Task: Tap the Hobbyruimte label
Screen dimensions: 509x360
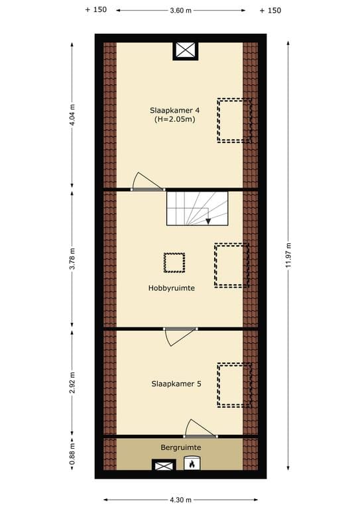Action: click(x=171, y=288)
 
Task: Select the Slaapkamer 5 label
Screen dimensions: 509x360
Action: click(x=176, y=384)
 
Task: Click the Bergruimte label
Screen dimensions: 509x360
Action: click(x=180, y=447)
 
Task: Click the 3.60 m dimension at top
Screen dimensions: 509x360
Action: click(x=181, y=10)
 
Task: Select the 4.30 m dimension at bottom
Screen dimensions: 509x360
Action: click(x=180, y=500)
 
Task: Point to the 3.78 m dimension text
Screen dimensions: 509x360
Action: click(x=73, y=258)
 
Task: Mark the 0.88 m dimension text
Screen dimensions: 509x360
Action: click(x=73, y=457)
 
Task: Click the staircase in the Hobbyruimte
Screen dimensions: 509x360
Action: click(x=196, y=208)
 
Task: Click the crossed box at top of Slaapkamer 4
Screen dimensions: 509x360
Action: click(x=186, y=50)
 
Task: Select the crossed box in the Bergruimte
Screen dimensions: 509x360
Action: click(x=163, y=465)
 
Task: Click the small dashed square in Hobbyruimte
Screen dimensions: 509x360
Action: click(x=174, y=263)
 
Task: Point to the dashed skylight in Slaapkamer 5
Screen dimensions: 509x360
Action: click(x=234, y=385)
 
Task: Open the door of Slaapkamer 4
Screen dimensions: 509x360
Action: click(x=147, y=183)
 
